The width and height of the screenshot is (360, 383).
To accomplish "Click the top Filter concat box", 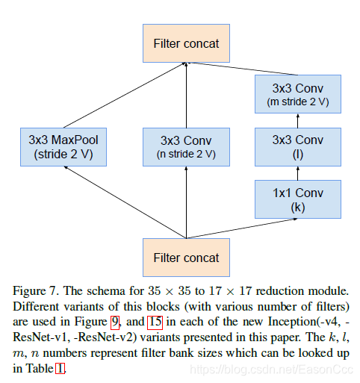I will point(186,43).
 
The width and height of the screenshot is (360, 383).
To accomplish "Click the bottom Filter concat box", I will point(186,258).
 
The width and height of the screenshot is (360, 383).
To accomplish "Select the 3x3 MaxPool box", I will point(63,147).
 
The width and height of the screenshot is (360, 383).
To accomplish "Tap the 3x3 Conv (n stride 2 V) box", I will point(186,147).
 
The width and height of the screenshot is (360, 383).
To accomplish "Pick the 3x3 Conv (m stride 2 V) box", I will point(298,94).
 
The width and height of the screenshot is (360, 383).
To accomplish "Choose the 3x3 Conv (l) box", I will point(298,147).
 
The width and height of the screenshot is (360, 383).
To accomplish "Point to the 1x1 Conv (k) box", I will point(298,200).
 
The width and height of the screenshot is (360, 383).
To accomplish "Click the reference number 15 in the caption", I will point(155,323).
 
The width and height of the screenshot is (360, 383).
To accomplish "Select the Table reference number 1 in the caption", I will point(60,367).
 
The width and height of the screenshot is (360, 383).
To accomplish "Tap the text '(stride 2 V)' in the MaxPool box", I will point(63,155).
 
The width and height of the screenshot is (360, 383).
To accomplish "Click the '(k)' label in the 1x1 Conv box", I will point(298,208).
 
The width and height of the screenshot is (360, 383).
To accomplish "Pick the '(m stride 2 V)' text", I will point(298,101).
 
